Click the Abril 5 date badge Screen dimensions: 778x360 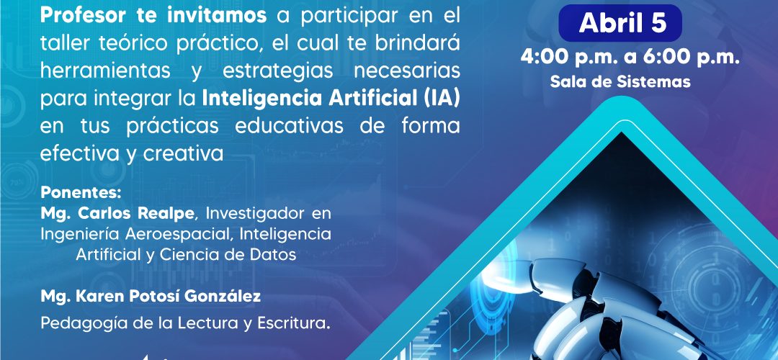(x=620, y=23)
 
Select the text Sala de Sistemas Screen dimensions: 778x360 (x=620, y=82)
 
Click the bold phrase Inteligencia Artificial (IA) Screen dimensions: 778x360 (x=331, y=99)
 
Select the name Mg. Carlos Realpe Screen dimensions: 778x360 (x=119, y=215)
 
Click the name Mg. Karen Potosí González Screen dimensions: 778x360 (x=151, y=297)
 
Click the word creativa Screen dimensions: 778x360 (x=184, y=154)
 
